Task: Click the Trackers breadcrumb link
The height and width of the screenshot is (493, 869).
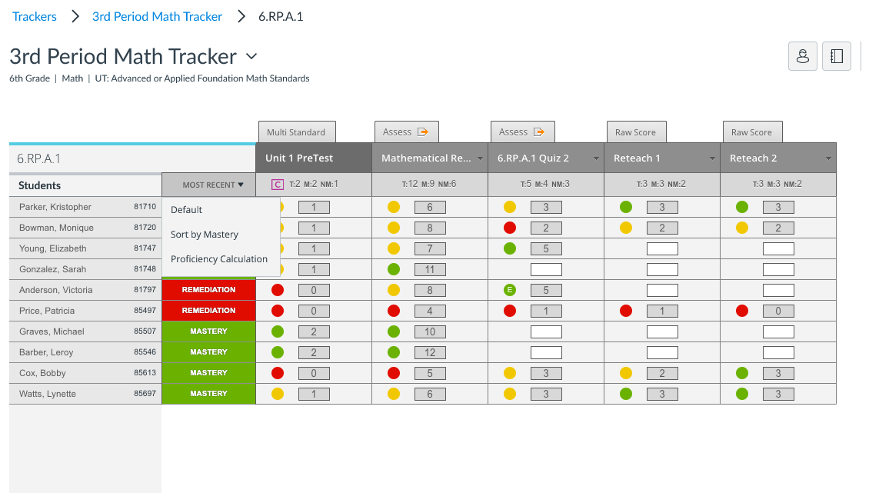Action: [35, 16]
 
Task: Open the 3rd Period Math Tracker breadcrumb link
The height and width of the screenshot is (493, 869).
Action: [157, 16]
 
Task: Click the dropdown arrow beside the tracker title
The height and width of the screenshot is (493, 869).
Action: [251, 56]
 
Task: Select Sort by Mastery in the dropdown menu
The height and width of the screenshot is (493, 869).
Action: [205, 235]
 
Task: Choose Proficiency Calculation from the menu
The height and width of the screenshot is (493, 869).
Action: [219, 259]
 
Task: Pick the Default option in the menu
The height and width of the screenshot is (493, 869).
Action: [187, 210]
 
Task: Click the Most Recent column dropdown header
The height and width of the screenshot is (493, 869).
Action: [208, 185]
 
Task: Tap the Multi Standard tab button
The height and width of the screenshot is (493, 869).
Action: [296, 132]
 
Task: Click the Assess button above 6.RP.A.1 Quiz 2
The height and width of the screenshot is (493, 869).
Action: [522, 132]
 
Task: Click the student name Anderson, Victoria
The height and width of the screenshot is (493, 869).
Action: [56, 290]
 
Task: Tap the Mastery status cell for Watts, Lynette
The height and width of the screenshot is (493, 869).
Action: [208, 394]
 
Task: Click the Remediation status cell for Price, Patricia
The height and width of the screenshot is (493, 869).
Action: [208, 311]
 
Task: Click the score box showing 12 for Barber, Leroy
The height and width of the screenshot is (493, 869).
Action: [430, 352]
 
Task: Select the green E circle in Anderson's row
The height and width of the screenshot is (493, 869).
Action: [509, 290]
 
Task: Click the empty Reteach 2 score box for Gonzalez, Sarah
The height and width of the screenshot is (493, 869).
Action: [778, 269]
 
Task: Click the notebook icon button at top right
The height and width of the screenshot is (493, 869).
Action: [837, 56]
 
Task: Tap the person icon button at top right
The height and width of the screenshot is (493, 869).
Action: [803, 56]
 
